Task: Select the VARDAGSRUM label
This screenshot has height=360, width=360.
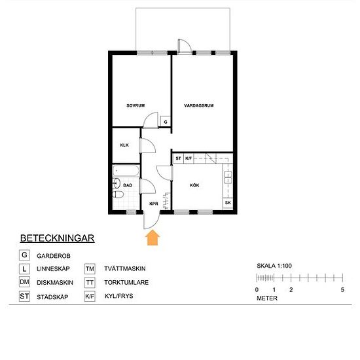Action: pyautogui.click(x=200, y=105)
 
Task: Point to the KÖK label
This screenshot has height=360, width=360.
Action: pyautogui.click(x=194, y=185)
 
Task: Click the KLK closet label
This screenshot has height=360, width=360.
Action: pyautogui.click(x=123, y=145)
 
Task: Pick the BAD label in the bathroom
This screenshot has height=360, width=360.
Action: pyautogui.click(x=128, y=185)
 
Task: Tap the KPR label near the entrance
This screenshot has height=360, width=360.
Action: pyautogui.click(x=154, y=204)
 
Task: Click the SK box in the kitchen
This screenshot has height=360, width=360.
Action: pyautogui.click(x=228, y=203)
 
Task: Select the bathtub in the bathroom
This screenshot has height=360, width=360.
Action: pyautogui.click(x=124, y=172)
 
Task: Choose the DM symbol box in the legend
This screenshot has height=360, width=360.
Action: pyautogui.click(x=25, y=283)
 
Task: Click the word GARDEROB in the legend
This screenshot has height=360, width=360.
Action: pyautogui.click(x=53, y=255)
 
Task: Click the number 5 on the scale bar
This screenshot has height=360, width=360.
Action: pyautogui.click(x=342, y=289)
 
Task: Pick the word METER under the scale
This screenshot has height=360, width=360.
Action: pyautogui.click(x=267, y=298)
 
